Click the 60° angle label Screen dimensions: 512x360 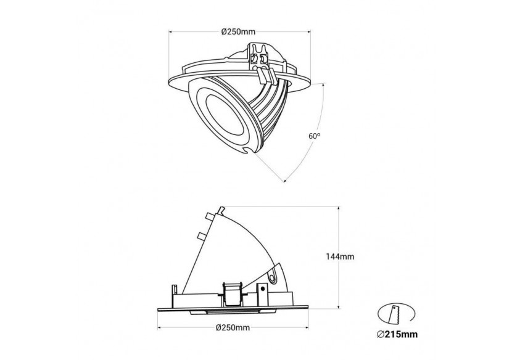[x=314, y=136]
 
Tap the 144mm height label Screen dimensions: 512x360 [x=340, y=256]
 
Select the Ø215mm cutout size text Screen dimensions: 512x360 [x=397, y=334]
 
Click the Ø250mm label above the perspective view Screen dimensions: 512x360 [x=238, y=31]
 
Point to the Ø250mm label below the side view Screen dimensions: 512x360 [x=233, y=327]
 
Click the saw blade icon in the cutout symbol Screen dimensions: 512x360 [x=395, y=314]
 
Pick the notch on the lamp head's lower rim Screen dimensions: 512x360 [x=249, y=150]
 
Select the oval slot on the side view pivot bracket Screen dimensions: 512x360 [x=272, y=276]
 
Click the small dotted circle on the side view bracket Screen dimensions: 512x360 [x=262, y=288]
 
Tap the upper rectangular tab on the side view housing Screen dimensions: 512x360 [x=209, y=216]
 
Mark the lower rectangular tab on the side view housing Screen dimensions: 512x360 [x=202, y=236]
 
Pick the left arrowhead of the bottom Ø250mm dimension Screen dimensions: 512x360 [x=159, y=327]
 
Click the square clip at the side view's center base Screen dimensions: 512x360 [x=232, y=294]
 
